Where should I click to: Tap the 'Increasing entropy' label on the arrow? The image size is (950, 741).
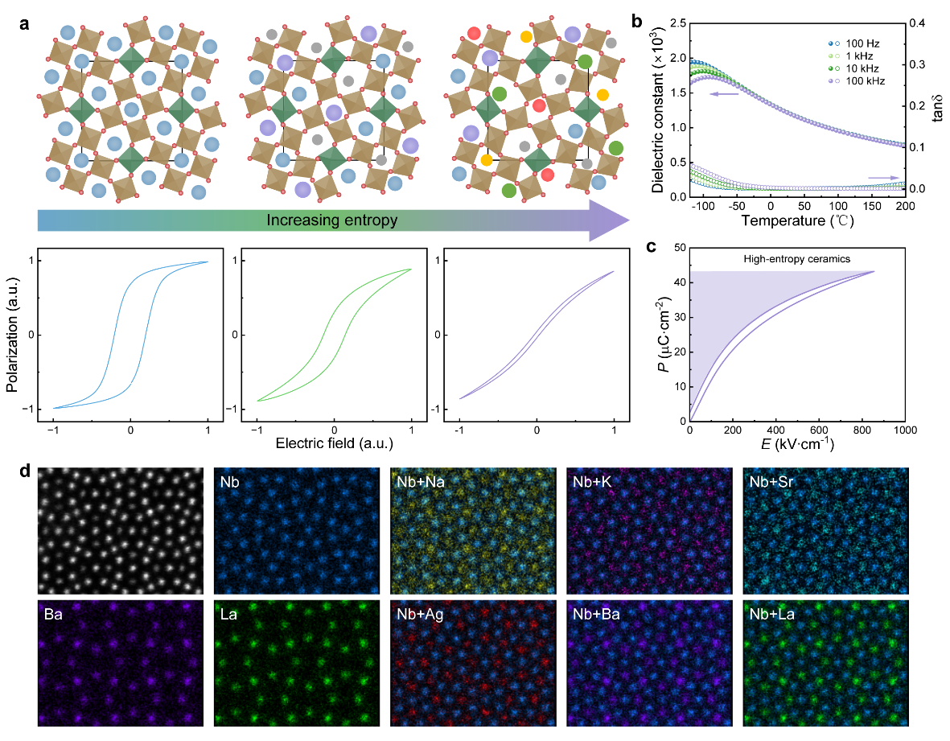click(332, 220)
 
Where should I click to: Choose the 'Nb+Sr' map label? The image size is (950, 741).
click(768, 484)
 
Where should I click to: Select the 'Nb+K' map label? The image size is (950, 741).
click(590, 484)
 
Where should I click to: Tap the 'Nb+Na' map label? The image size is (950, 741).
click(417, 484)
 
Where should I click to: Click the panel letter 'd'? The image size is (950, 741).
click(25, 468)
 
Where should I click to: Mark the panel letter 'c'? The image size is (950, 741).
click(649, 247)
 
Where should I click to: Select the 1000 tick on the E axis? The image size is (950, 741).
click(905, 430)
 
